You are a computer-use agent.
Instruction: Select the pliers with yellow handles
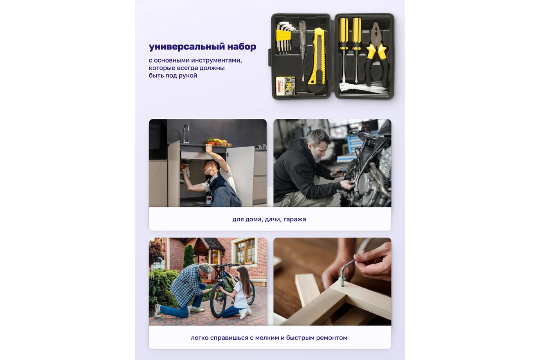(376, 54)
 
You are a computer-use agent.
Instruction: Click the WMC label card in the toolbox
(285, 86)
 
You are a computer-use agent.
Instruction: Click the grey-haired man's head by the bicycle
(205, 270)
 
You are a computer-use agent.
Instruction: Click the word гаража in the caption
(294, 220)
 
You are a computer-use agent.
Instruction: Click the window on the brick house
(245, 251)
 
